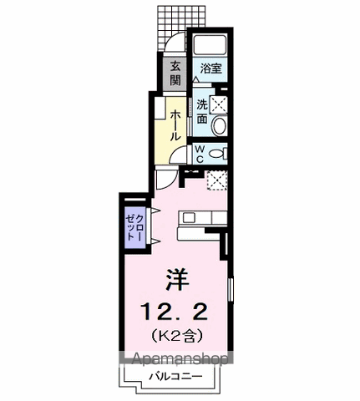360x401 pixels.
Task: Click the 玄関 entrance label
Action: (175, 74)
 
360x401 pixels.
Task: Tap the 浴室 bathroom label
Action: (211, 69)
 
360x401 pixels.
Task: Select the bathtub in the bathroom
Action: (210, 45)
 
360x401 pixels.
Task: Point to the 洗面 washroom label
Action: (202, 112)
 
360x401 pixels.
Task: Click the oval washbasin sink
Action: (219, 126)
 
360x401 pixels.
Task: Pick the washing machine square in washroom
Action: (219, 104)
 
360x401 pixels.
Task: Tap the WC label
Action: (200, 155)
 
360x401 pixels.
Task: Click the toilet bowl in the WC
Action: (217, 154)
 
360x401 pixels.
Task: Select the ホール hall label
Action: (175, 125)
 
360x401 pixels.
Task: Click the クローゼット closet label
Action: (135, 227)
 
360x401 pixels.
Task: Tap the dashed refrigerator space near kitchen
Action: (217, 180)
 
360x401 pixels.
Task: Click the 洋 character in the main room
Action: (177, 280)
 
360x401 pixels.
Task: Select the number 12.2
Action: (175, 312)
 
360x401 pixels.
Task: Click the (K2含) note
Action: (176, 336)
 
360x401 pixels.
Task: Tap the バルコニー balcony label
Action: (175, 377)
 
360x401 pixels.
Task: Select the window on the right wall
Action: (231, 289)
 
